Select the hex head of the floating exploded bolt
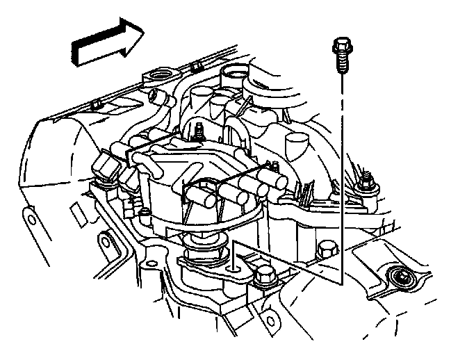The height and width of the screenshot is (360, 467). [340, 47]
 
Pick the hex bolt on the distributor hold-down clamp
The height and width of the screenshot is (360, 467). [262, 277]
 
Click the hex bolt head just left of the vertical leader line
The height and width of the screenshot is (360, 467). [324, 249]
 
